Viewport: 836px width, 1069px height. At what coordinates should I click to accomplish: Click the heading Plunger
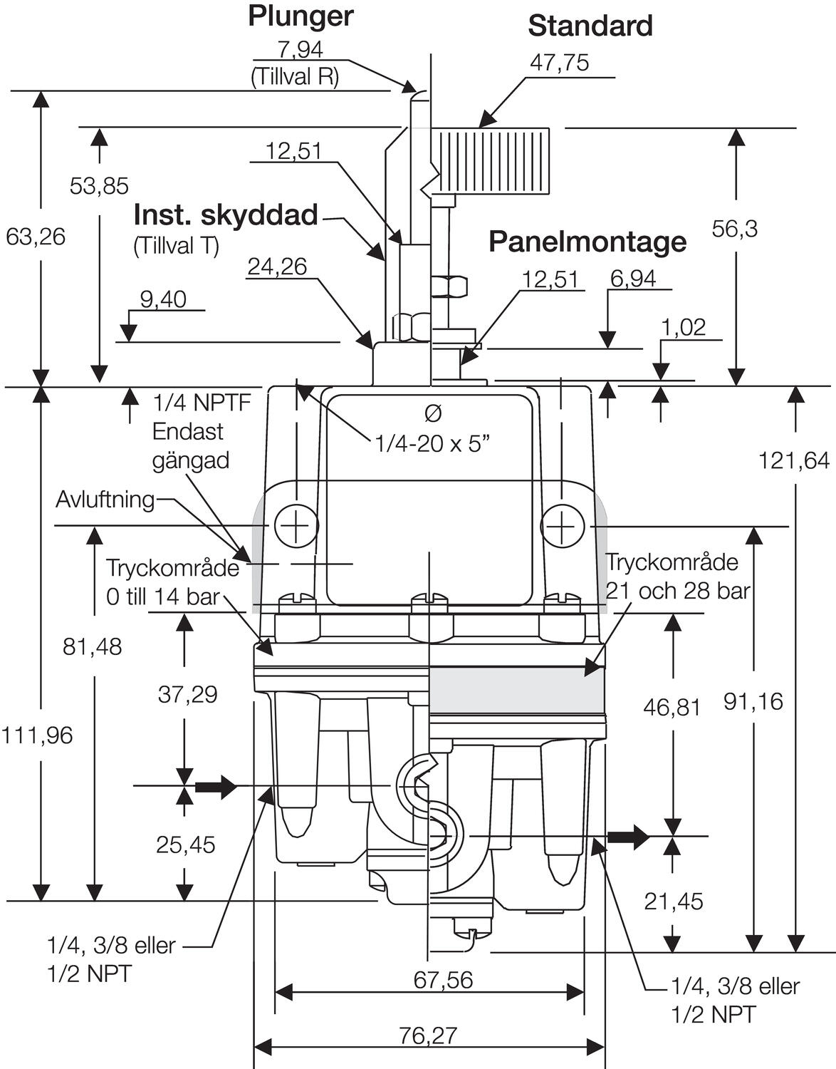(300, 16)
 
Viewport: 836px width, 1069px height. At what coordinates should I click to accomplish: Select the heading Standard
(590, 26)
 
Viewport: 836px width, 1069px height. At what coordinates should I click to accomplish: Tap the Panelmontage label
(587, 242)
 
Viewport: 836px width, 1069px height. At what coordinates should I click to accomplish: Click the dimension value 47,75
(559, 63)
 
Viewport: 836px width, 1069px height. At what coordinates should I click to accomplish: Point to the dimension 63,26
(36, 236)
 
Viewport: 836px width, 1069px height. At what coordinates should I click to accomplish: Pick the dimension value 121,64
(794, 460)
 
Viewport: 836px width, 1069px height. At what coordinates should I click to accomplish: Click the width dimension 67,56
(443, 980)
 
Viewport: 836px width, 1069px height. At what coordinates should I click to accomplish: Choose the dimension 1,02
(683, 327)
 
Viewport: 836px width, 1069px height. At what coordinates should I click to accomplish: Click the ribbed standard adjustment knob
(491, 161)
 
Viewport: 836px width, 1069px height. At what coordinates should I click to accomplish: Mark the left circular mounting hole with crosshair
(296, 527)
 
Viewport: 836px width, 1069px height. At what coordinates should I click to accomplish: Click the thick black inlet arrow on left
(215, 787)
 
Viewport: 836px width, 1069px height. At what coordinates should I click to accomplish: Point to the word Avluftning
(105, 500)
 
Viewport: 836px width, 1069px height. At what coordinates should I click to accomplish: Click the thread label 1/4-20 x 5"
(433, 444)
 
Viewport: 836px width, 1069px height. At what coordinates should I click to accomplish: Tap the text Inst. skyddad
(226, 215)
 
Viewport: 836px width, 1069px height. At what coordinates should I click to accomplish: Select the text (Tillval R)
(294, 77)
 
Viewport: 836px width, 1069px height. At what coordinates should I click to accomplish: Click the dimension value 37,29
(187, 693)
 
